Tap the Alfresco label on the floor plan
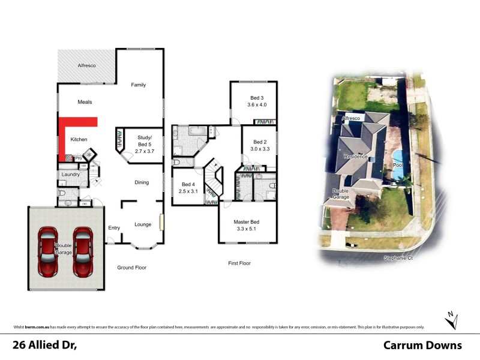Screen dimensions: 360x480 pos(87,65)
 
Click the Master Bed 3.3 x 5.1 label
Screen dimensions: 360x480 pos(247,225)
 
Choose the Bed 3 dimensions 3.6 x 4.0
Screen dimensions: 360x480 pos(257,105)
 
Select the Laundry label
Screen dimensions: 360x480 pos(69,175)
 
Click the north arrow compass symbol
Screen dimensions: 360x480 pos(451,319)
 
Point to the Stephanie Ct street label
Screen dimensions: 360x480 pos(398,258)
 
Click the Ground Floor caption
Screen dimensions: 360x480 pos(131,268)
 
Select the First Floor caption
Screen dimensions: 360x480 pos(239,263)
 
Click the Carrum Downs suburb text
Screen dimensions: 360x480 pos(422,345)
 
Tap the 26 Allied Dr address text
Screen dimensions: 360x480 pos(46,345)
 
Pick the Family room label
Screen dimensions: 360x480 pos(139,85)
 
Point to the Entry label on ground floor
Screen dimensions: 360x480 pos(114,227)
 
